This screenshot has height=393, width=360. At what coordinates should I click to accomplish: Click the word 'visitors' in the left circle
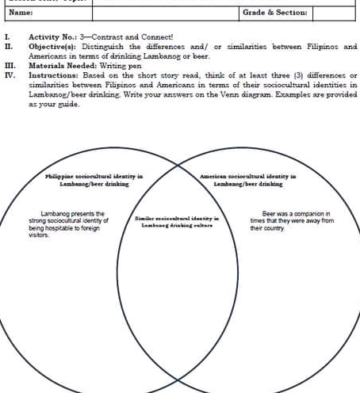pos(29,235)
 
